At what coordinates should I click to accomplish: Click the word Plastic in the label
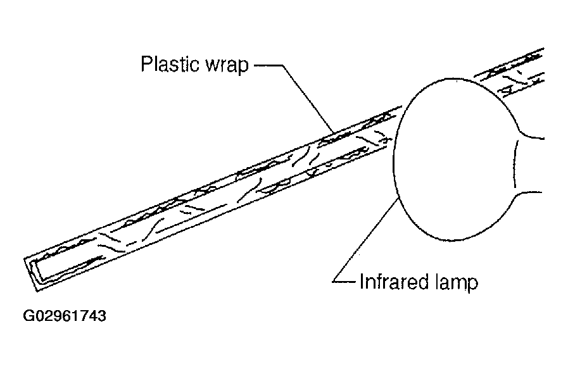point(170,64)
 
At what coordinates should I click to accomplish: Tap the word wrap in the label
point(227,66)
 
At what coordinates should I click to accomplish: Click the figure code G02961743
point(65,316)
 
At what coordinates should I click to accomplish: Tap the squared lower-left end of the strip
point(32,273)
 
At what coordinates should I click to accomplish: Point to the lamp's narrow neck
point(529,165)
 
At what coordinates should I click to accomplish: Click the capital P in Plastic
point(146,64)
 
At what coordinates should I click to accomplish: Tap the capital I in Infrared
point(362,282)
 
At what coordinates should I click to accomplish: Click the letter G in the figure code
point(28,316)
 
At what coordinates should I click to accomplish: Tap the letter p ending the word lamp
point(473,284)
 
